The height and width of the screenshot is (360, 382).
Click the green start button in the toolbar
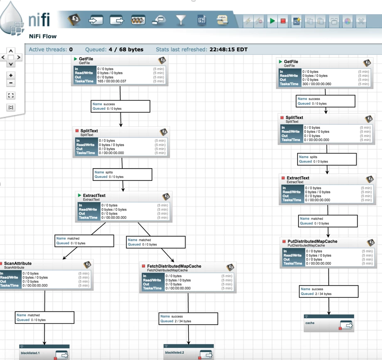tap(272, 21)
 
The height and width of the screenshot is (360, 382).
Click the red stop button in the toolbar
tap(283, 21)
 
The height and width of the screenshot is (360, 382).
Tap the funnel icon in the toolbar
tap(181, 20)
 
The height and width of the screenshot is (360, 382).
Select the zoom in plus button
tap(11, 75)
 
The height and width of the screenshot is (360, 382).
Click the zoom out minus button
tap(11, 83)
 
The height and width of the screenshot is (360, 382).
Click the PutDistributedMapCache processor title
tap(312, 242)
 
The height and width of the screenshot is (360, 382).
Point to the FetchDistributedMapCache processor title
tap(174, 266)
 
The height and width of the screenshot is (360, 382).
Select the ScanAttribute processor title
tap(18, 263)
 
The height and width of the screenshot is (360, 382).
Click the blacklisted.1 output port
tap(44, 352)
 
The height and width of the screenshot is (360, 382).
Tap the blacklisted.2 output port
tap(189, 352)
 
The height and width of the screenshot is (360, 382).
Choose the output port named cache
tap(329, 323)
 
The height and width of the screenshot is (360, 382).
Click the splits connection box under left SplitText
tap(122, 174)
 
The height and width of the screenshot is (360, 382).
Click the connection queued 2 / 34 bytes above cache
tap(329, 291)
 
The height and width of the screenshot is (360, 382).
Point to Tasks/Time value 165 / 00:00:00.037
tap(112, 81)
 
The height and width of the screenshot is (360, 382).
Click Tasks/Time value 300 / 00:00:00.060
tap(317, 84)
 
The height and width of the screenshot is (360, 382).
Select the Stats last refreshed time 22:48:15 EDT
tap(229, 49)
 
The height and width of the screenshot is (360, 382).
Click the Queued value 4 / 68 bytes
tap(126, 49)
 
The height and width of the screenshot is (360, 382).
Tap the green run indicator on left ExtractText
tap(79, 195)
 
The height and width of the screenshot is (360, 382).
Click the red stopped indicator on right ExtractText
tap(283, 178)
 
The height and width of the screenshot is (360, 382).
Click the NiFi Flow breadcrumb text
tap(43, 36)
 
